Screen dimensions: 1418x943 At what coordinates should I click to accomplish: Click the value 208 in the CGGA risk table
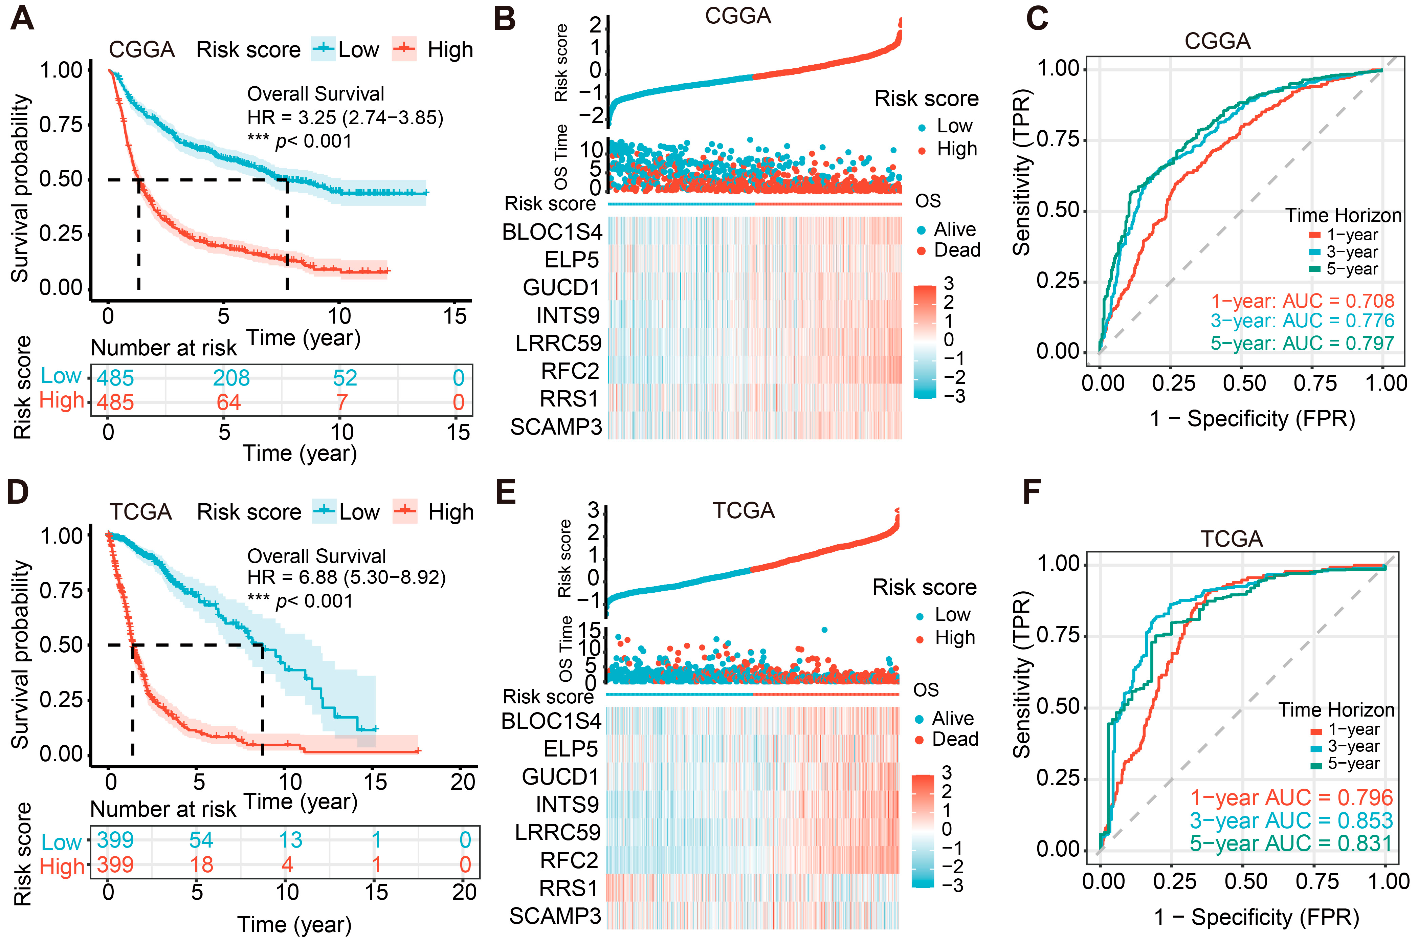[x=231, y=378]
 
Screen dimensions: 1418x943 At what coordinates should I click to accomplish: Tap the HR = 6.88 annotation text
[x=347, y=577]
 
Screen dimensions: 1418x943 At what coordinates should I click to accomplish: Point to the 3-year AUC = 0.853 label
[x=1291, y=820]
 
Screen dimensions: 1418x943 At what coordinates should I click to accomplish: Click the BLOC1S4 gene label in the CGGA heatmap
[x=552, y=232]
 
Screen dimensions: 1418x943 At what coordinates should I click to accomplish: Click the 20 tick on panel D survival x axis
[x=463, y=782]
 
